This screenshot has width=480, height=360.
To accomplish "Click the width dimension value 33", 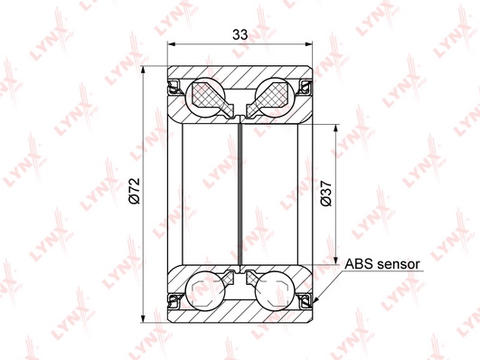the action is click(240, 34).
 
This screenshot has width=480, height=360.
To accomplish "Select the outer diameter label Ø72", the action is click(135, 191).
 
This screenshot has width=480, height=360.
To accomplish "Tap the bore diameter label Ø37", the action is click(325, 194).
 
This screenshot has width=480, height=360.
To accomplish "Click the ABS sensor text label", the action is click(382, 264).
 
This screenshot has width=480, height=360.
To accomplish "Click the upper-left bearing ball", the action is click(205, 96).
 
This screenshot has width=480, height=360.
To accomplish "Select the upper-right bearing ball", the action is click(275, 96).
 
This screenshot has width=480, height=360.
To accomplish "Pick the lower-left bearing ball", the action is click(205, 290).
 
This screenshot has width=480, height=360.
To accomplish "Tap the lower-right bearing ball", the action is click(275, 290).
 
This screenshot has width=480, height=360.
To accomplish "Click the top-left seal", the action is click(174, 87).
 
